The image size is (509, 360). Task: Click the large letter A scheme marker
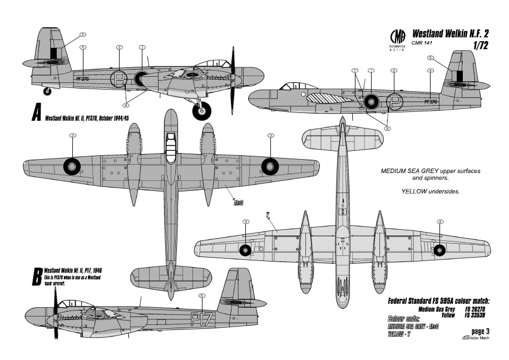tap(36, 114)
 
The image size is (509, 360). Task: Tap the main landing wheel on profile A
tap(202, 110)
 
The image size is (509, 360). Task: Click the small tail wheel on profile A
tap(47, 91)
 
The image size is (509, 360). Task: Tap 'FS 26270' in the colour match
tap(476, 308)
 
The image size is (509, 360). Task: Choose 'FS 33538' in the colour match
tap(476, 314)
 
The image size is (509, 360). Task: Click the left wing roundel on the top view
tap(72, 165)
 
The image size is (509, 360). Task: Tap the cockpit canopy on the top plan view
tap(171, 149)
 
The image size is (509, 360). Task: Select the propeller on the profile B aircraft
tap(56, 315)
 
